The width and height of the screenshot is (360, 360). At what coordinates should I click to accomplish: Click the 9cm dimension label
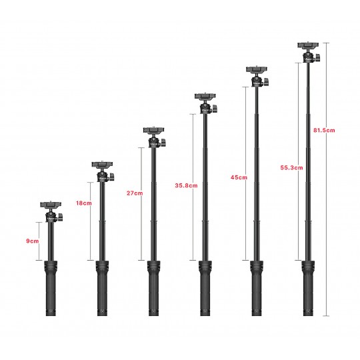pos(33,241)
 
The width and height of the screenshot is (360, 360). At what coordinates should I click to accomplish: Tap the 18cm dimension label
pos(84,203)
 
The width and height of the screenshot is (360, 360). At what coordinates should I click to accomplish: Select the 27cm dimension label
pos(135,193)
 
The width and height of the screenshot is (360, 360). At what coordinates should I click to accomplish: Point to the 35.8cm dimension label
pos(186,185)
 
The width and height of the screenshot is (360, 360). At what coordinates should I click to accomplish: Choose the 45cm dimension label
pos(239,177)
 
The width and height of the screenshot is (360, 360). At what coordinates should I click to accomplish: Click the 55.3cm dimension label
pos(291,167)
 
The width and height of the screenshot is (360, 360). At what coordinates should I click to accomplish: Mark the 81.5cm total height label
pos(324,130)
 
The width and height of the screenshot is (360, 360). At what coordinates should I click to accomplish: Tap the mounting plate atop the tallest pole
pos(308,45)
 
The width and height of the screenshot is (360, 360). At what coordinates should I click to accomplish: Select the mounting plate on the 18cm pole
pos(102,165)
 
